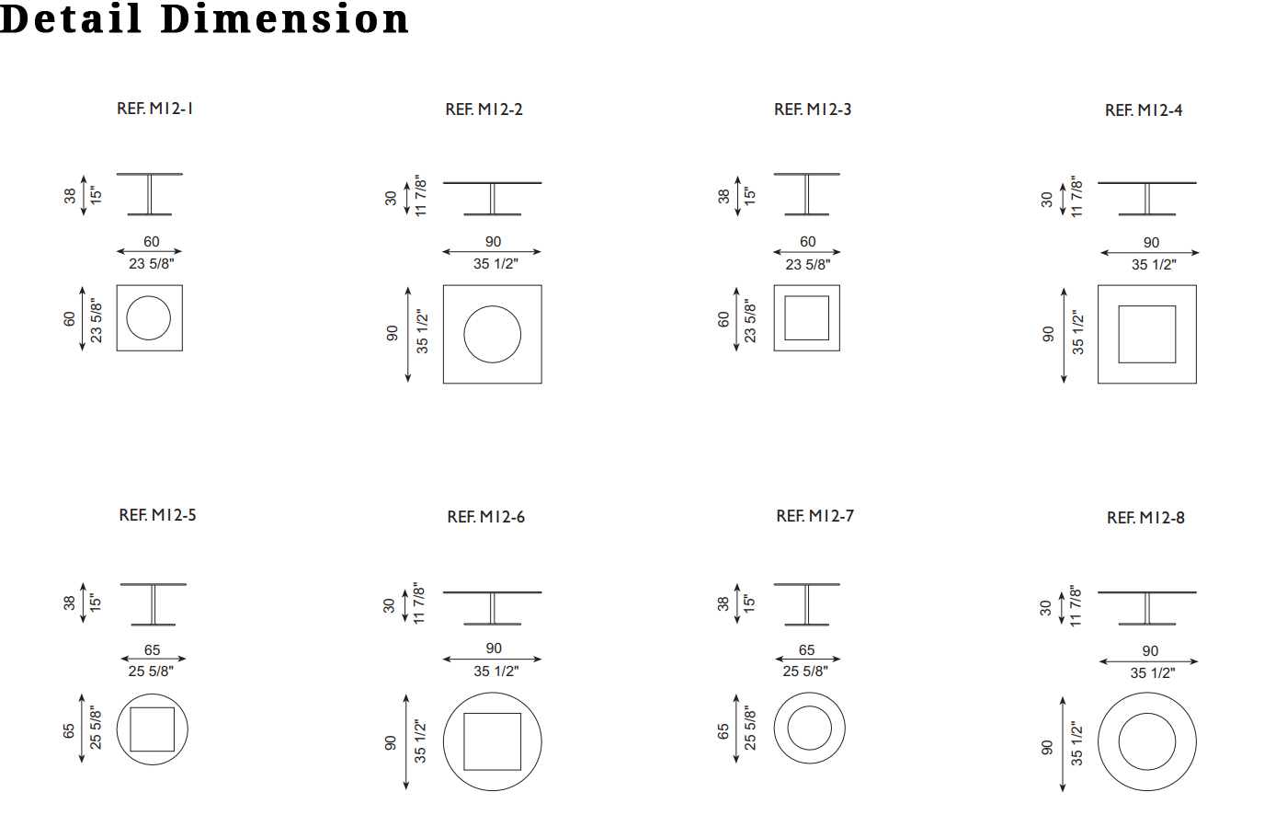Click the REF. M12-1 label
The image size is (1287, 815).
pos(154,109)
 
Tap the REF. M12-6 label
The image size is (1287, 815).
pos(485,517)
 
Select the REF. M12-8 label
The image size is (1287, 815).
pos(1145,518)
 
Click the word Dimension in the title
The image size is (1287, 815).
pos(284,19)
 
